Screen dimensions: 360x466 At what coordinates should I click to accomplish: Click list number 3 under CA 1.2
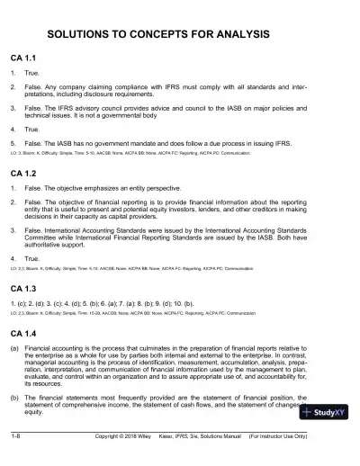(x=13, y=226)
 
